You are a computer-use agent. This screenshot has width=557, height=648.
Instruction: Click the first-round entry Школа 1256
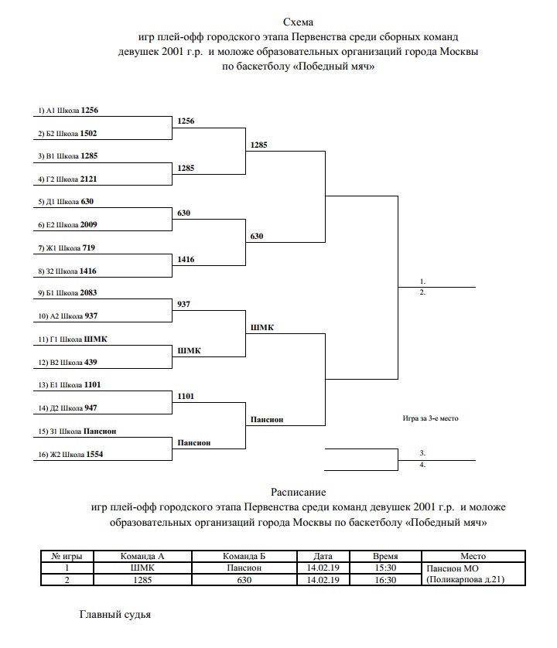(69, 111)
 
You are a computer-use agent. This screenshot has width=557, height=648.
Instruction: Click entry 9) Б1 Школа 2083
(69, 293)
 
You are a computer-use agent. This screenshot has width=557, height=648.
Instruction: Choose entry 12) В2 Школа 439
(68, 362)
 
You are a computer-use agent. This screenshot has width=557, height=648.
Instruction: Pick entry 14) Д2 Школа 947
(68, 408)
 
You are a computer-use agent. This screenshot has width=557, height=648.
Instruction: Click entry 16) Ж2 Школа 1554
(70, 454)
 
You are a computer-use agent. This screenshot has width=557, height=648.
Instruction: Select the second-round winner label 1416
(186, 260)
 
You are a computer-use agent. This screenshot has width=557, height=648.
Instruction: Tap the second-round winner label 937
(184, 305)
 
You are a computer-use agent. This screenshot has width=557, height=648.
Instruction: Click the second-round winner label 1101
(186, 397)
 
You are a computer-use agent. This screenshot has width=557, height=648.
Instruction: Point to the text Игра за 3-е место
(430, 418)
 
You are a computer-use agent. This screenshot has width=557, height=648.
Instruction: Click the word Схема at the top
(298, 22)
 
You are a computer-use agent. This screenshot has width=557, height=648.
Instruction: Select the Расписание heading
(298, 492)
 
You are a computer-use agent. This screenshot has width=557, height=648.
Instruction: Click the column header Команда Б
(244, 556)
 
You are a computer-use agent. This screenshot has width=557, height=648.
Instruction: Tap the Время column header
(385, 556)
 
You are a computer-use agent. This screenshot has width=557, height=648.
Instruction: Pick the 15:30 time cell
(385, 568)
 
